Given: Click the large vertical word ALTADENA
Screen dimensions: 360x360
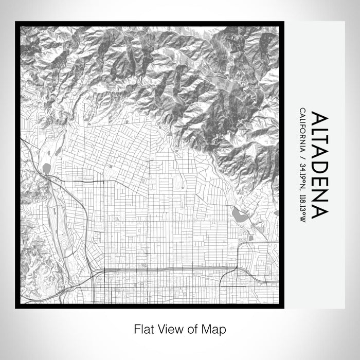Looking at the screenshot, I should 315,165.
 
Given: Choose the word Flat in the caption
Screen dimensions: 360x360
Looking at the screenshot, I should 143,329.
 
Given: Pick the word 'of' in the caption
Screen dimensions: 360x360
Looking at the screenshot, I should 192,329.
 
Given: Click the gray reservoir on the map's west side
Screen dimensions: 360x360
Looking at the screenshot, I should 47,168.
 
